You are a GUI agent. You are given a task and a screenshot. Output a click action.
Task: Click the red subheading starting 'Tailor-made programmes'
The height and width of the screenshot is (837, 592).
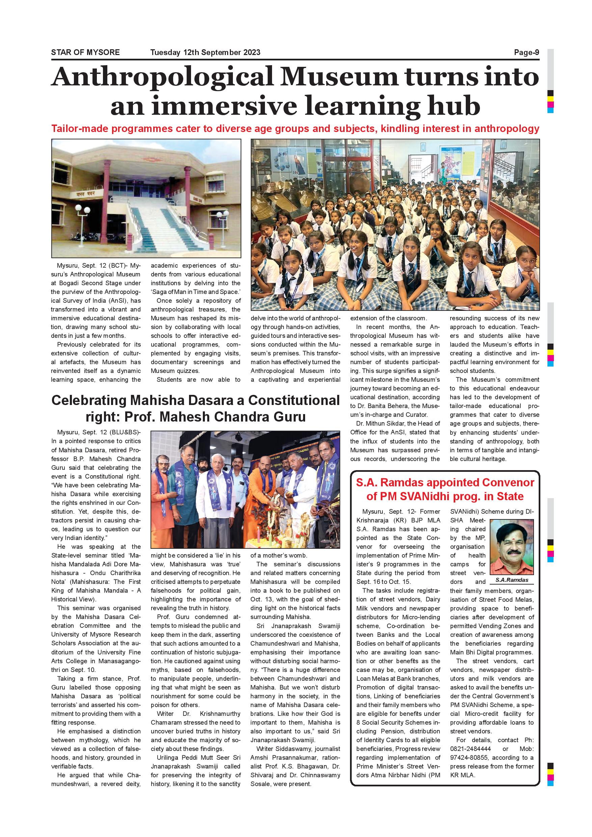295,129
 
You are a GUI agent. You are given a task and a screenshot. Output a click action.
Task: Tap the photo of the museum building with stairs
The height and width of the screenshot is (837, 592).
146,198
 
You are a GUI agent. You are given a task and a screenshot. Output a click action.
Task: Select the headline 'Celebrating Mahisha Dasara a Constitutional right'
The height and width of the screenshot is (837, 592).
195,408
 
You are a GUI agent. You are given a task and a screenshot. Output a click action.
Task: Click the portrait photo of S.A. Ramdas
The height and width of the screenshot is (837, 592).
511,547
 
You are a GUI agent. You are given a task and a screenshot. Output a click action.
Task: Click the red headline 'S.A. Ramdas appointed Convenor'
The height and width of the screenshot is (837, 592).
445,489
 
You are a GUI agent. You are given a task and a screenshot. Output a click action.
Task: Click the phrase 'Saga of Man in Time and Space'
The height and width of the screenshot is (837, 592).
196,292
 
